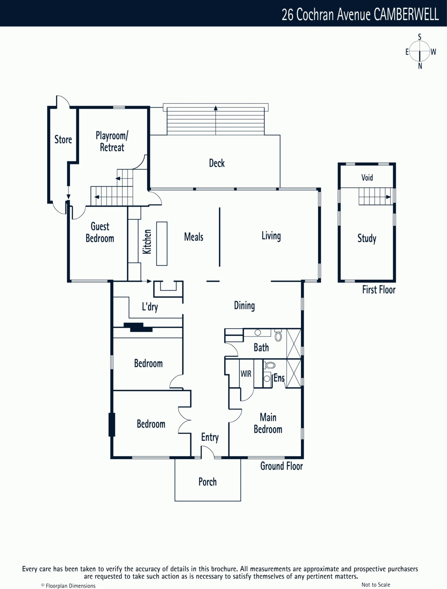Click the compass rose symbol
[x=419, y=51]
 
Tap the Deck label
[x=217, y=163]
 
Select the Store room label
[x=63, y=140]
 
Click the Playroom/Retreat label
[x=112, y=142]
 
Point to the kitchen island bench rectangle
[x=162, y=243]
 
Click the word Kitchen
[x=147, y=241]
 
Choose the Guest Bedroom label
[x=100, y=232]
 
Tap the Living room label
[x=271, y=236]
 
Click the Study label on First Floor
[x=367, y=238]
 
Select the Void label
[x=367, y=177]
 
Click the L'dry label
[x=150, y=307]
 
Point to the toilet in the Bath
[x=278, y=336]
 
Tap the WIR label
[x=246, y=374]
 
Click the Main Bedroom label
[x=268, y=423]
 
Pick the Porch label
[x=208, y=482]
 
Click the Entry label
[x=210, y=437]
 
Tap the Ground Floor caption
[x=282, y=466]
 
